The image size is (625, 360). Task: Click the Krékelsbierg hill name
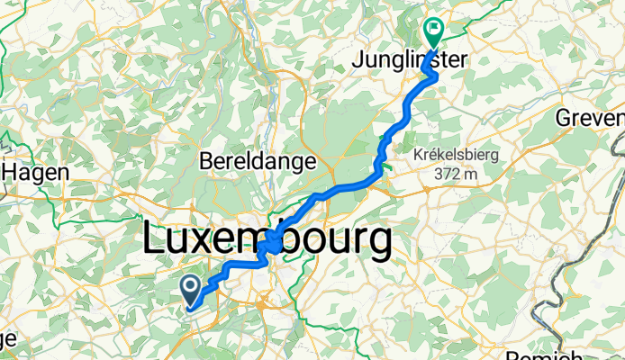[x=456, y=155]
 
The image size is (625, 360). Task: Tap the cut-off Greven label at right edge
[x=590, y=119]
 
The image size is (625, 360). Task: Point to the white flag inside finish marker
[x=435, y=29]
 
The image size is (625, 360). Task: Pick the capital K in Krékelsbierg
[x=417, y=155]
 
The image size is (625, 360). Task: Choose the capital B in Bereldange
[x=204, y=162]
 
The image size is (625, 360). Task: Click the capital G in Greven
[x=565, y=119]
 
